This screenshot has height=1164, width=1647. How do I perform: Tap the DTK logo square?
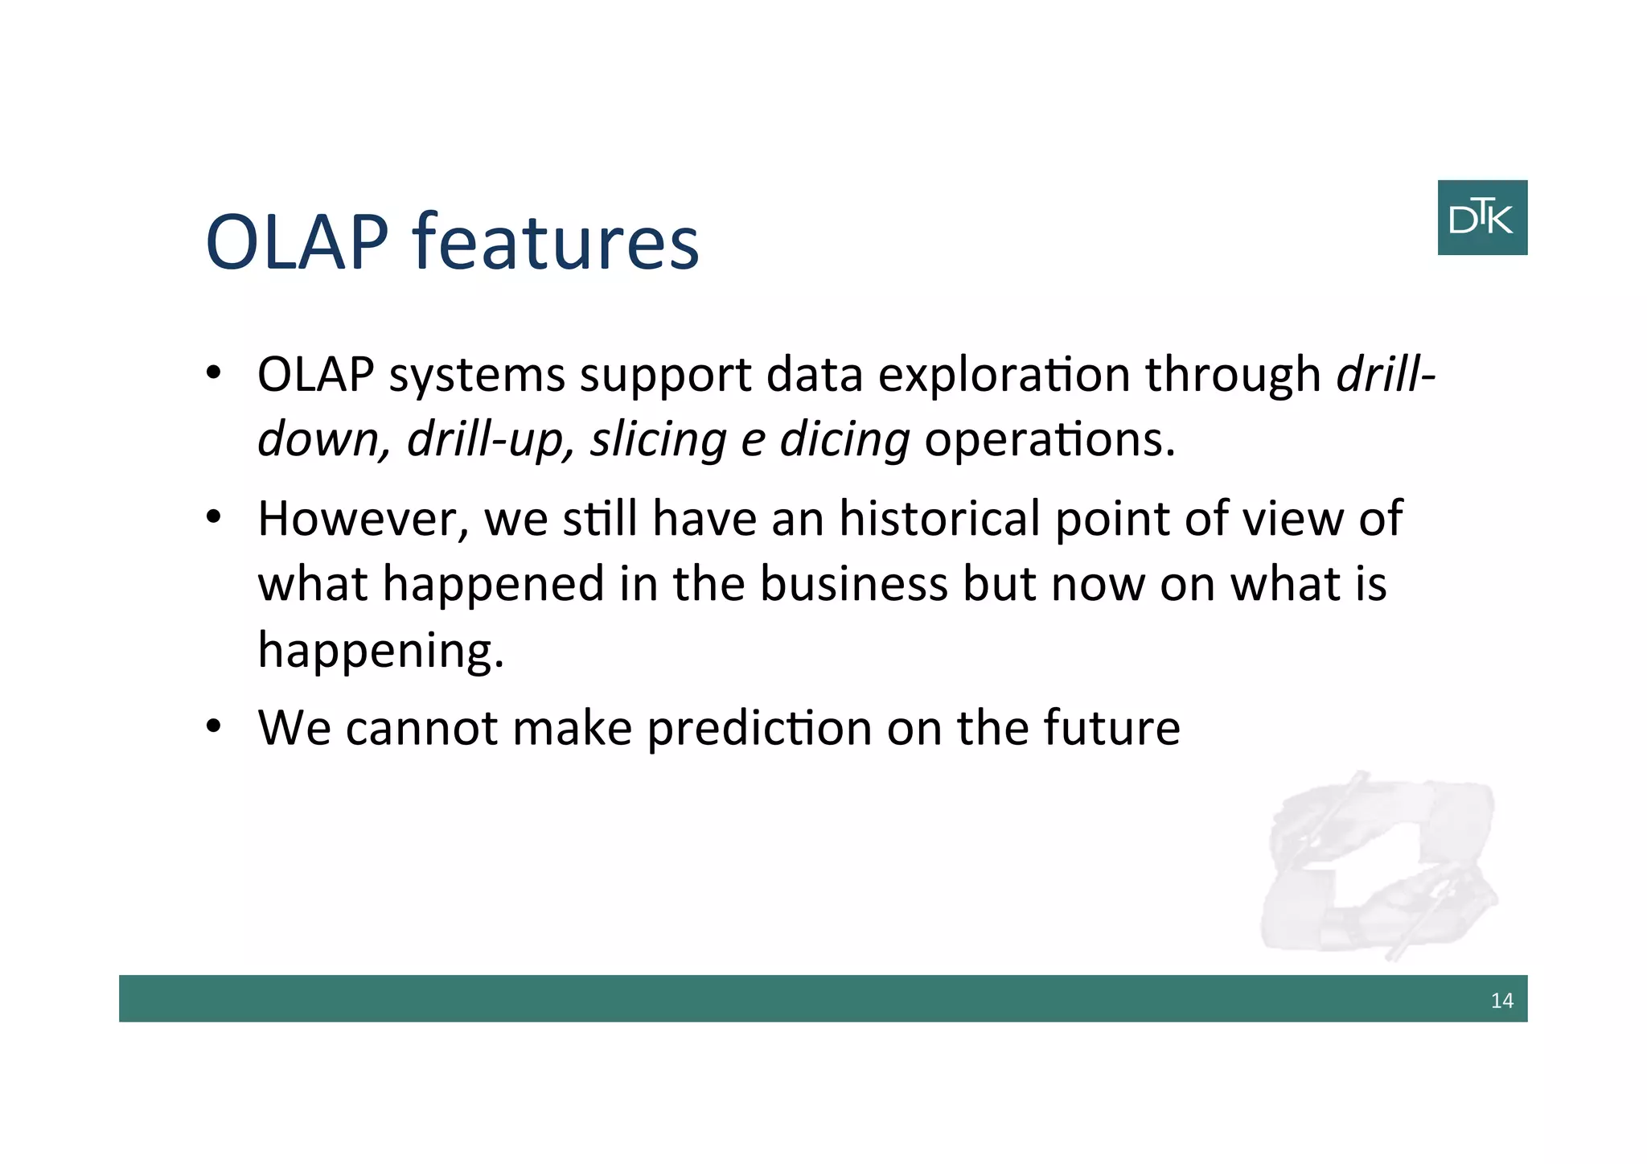coord(1481,218)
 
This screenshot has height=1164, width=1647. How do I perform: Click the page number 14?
coord(1501,1001)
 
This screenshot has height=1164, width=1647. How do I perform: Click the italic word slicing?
coord(658,441)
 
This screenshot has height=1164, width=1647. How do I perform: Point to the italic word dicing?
coord(844,441)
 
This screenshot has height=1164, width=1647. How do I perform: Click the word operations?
coord(1049,441)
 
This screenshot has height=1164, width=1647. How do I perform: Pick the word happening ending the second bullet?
coord(380,650)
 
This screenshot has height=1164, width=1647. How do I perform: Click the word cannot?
coord(421,728)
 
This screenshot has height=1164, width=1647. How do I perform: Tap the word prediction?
coord(759,728)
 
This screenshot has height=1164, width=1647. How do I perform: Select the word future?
coord(1111,728)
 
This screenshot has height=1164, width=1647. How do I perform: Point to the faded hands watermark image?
coord(1380,865)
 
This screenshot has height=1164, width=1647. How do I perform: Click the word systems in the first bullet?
coord(477,376)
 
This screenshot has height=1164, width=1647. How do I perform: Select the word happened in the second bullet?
coord(493,585)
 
